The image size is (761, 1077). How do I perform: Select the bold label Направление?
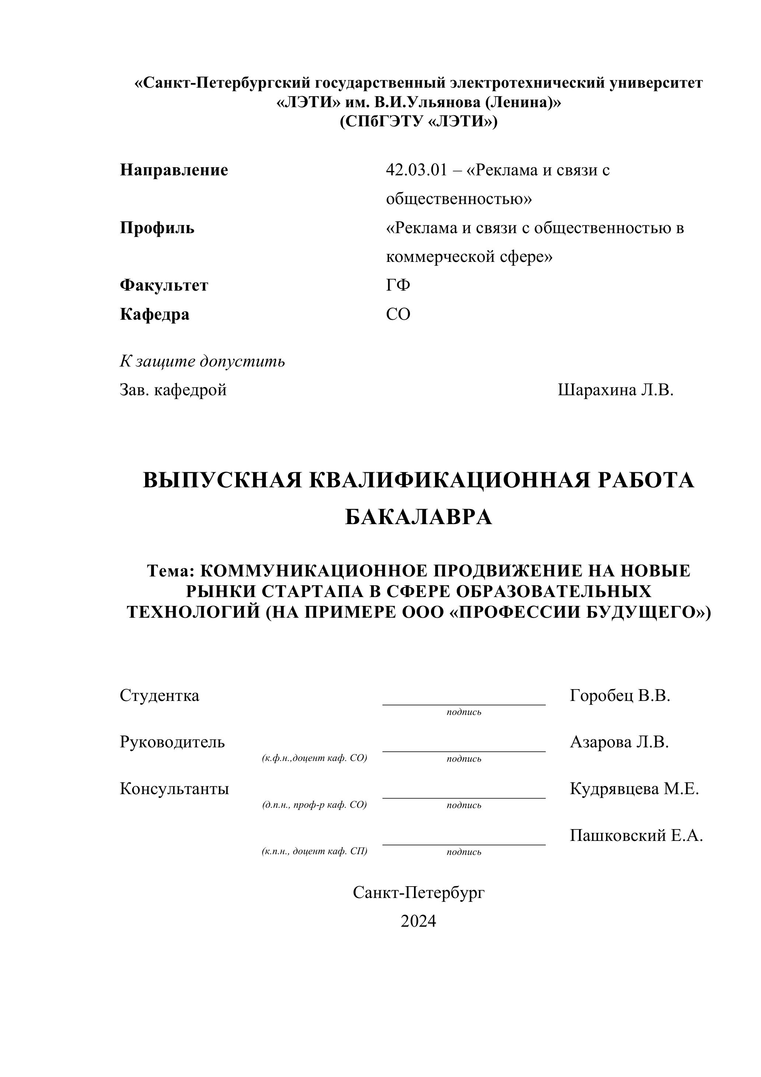tap(174, 170)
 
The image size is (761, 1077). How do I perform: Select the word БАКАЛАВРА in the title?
tap(418, 518)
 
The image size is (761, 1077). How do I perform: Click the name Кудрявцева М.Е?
tap(634, 789)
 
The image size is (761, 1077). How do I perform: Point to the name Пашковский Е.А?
tap(636, 835)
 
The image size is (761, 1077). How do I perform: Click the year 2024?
tap(418, 921)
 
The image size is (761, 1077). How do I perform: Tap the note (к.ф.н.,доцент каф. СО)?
tap(314, 758)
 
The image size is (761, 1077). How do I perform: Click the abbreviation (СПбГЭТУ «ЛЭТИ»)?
tap(418, 122)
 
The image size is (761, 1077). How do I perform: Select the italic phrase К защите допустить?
tap(202, 361)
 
